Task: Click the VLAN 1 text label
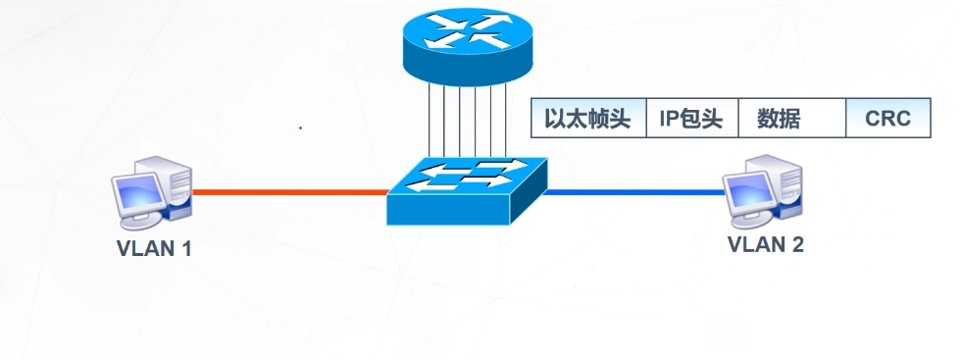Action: (154, 247)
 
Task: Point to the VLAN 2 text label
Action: (765, 244)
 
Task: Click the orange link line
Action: (289, 192)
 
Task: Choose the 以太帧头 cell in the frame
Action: (587, 120)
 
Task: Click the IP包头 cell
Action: (690, 120)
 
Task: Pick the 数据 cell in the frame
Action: (779, 120)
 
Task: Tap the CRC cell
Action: (887, 120)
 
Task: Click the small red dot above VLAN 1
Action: (300, 128)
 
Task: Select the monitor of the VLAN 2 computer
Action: (744, 186)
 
